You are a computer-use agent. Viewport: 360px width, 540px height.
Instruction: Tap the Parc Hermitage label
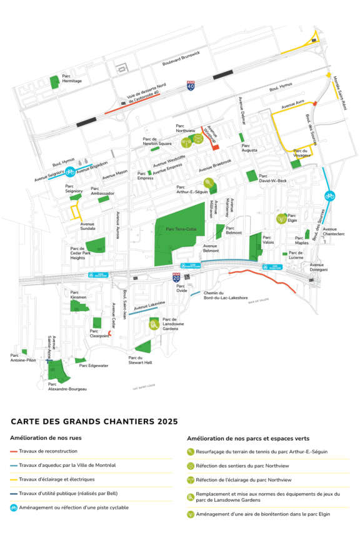pos(71,79)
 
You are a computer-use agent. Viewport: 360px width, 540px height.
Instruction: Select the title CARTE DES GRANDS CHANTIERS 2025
pos(94,422)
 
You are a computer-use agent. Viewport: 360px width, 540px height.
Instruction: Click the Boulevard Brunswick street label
pos(181,58)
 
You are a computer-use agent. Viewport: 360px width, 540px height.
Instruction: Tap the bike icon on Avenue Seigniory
pos(71,171)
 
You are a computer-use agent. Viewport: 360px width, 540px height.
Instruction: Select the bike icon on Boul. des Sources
pos(329,196)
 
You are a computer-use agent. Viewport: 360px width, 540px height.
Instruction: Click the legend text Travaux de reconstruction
pos(48,451)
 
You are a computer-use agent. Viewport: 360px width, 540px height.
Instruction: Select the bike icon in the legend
pos(14,507)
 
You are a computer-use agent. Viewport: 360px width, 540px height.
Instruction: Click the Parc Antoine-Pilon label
pos(22,357)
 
